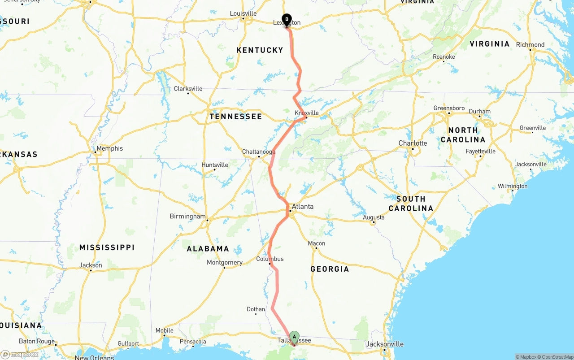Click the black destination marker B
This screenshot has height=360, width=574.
(x=287, y=20)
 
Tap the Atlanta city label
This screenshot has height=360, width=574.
(x=303, y=207)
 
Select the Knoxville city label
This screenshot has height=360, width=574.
(x=307, y=113)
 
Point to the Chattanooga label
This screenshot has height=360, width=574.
(x=259, y=152)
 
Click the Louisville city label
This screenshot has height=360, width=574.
(x=243, y=13)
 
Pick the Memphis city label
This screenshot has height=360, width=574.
(x=109, y=148)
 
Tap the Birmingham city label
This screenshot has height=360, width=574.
(x=187, y=217)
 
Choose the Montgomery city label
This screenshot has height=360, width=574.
(x=225, y=263)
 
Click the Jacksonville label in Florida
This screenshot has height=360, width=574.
(x=385, y=344)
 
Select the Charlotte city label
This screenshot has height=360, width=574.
(x=413, y=143)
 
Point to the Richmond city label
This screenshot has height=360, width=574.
(x=530, y=45)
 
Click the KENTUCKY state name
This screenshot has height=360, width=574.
(x=260, y=50)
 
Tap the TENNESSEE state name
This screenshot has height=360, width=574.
(x=236, y=117)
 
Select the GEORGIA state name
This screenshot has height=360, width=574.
(x=330, y=269)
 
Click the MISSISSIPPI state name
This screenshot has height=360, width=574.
(x=107, y=247)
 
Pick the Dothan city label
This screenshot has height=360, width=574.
(x=256, y=309)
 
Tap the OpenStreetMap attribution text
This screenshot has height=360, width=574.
(x=557, y=357)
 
